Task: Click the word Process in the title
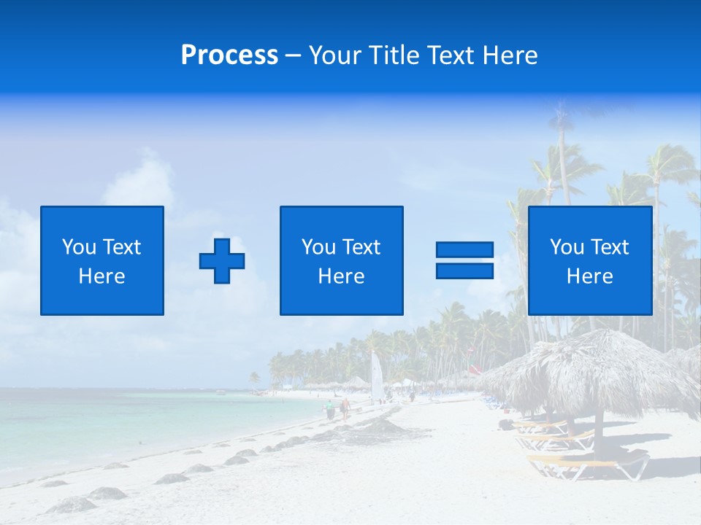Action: (x=229, y=55)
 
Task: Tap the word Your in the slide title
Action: (x=337, y=55)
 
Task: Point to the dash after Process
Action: (x=294, y=56)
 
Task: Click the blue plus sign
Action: (x=222, y=261)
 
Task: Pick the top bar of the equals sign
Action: (x=464, y=249)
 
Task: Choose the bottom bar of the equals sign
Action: (x=464, y=271)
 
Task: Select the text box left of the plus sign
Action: (x=101, y=260)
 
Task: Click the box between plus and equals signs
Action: (x=341, y=260)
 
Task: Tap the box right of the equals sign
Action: (x=589, y=260)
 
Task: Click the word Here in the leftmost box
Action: (x=101, y=276)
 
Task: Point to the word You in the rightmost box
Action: (x=567, y=247)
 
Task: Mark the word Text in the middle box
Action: (x=361, y=247)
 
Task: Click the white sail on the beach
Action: (x=377, y=376)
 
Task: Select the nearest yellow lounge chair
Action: (x=588, y=463)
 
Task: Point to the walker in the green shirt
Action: (x=329, y=409)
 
